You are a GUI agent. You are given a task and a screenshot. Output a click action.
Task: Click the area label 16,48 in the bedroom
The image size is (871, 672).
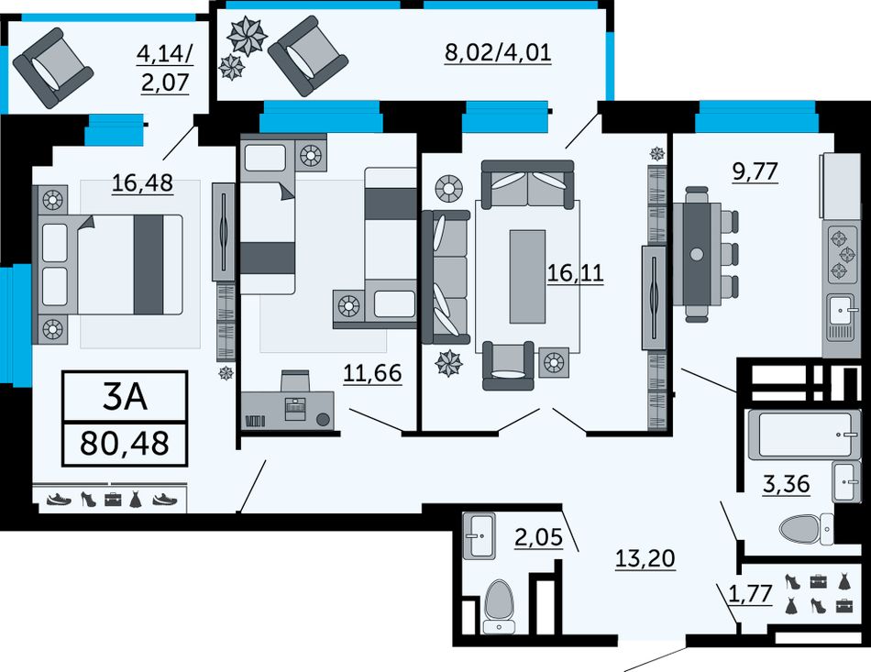(143, 182)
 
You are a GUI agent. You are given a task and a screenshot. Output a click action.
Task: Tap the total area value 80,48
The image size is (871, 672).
(125, 443)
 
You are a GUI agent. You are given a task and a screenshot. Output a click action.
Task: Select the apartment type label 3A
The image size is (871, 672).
(125, 397)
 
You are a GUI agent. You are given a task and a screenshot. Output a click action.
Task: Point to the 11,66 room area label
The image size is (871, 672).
(372, 373)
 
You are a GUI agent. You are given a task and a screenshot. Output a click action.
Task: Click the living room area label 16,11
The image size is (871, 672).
(576, 273)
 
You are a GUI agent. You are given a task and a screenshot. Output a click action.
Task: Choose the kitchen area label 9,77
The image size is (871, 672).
(755, 172)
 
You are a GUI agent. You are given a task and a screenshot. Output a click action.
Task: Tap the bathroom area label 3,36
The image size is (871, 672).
(786, 484)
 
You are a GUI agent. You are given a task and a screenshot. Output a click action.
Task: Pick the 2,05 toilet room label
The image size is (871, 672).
(538, 537)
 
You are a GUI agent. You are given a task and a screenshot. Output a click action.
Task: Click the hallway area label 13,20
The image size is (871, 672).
(645, 557)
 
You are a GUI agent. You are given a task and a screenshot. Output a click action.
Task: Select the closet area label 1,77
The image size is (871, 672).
(750, 594)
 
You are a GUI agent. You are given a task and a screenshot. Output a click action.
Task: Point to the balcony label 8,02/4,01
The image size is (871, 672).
(498, 53)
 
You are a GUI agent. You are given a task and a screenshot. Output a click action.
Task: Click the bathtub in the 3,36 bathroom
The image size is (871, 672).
(803, 434)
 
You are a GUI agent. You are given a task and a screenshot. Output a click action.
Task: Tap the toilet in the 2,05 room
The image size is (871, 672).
(499, 607)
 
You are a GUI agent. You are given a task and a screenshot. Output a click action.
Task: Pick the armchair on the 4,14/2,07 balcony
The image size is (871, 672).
(53, 68)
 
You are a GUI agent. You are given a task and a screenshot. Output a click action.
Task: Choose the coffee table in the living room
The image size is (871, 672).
(527, 277)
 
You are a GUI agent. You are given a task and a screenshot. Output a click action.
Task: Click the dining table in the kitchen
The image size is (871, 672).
(697, 254)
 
